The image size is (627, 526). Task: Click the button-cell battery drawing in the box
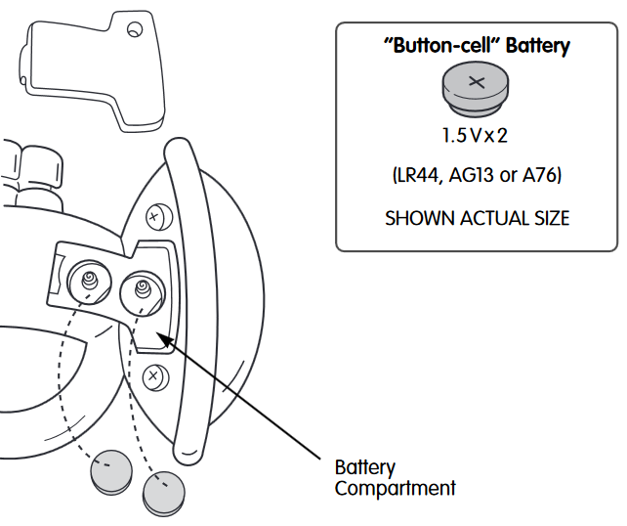tap(477, 88)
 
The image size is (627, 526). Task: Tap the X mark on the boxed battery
tap(477, 81)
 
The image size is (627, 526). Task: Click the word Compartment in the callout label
tap(395, 488)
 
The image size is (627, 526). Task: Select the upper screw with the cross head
tap(152, 215)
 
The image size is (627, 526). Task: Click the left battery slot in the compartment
tap(90, 281)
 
